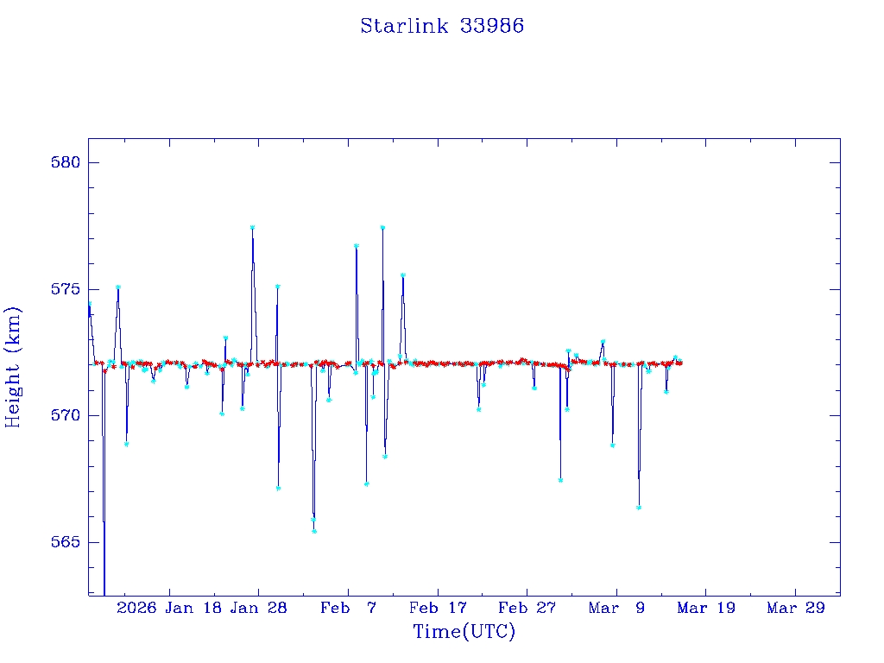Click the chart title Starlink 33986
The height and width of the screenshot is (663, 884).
point(442,26)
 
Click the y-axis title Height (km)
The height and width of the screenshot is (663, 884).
point(13,367)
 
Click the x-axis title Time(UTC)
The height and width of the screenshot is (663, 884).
point(464,632)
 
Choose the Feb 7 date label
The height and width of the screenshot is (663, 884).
point(348,608)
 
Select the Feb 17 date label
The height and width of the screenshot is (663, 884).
point(438,608)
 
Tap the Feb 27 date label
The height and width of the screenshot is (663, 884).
point(527,608)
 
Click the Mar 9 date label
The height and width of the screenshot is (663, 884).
point(616,608)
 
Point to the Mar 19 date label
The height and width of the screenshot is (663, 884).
point(706,608)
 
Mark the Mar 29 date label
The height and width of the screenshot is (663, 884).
point(796,608)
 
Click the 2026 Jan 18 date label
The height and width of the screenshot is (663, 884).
point(167,608)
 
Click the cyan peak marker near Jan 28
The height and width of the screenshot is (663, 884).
point(252,227)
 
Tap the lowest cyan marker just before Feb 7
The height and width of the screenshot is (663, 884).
point(314,531)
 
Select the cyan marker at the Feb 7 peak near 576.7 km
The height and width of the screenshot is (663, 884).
point(356,246)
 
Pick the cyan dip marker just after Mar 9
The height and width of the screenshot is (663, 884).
point(639,508)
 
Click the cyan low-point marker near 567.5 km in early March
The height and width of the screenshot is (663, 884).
point(560,480)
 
